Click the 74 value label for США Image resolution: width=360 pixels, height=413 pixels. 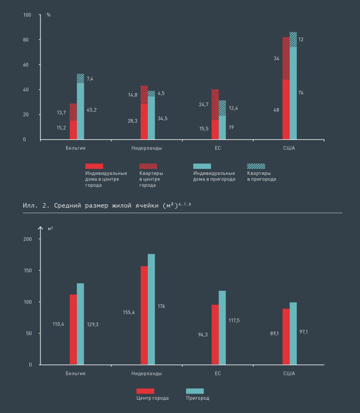coord(301,93)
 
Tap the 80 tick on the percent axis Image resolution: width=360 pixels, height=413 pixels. coord(25,40)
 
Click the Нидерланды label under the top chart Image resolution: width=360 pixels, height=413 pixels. coord(147,148)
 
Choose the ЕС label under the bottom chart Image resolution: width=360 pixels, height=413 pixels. coord(218,374)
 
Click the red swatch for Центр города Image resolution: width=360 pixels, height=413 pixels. coord(145,391)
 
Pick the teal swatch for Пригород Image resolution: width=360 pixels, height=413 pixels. coord(195,391)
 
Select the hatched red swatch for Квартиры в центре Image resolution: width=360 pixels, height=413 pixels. coord(148,166)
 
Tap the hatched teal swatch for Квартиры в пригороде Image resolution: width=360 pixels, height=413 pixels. coord(256,166)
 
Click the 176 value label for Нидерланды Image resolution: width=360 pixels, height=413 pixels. coord(161,306)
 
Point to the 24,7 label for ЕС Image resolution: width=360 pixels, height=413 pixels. coord(204,104)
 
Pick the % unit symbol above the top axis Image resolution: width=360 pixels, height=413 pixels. coord(49,14)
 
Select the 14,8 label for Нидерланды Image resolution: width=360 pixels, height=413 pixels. coord(132,95)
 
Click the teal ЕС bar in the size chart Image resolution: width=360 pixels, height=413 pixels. coord(222,328)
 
